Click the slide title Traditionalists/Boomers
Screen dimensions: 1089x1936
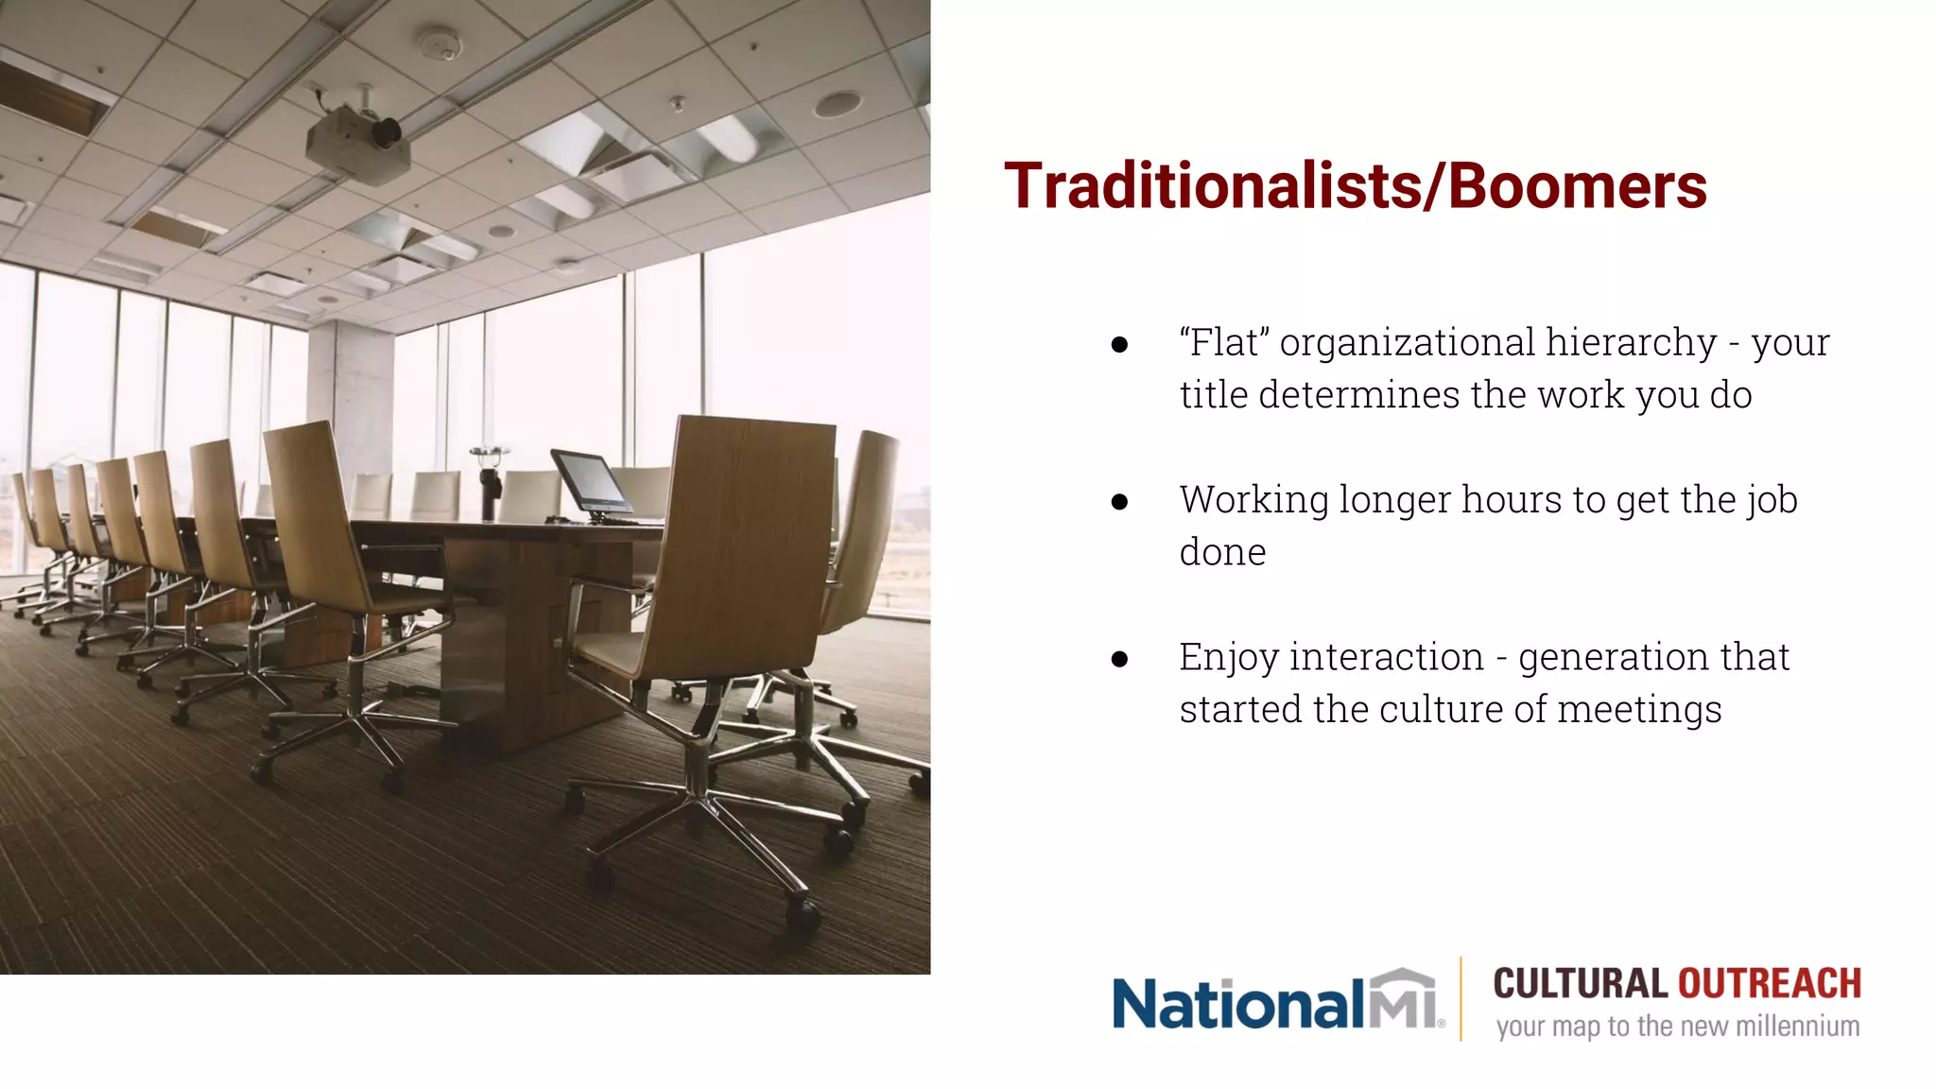coord(1355,185)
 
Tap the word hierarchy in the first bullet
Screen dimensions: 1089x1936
coord(1631,342)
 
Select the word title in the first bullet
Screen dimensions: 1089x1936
coord(1213,394)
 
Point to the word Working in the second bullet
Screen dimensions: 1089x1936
coord(1253,500)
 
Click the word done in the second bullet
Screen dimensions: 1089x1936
coord(1222,552)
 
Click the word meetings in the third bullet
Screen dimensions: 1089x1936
coord(1639,710)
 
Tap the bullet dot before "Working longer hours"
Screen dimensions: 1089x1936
coord(1120,502)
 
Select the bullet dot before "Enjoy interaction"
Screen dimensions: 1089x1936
coord(1120,659)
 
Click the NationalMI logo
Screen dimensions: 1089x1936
coord(1277,1001)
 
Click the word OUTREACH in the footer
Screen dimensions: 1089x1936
coord(1770,984)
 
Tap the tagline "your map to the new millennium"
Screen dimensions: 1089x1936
coord(1677,1027)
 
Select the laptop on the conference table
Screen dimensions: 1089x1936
coord(593,484)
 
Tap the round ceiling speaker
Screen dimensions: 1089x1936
coord(838,102)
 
